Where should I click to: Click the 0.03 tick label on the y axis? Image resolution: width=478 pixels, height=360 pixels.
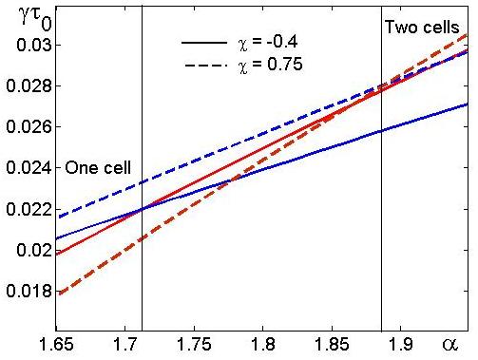pyautogui.click(x=34, y=45)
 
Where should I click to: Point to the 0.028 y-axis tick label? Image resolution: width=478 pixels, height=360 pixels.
pyautogui.click(x=29, y=85)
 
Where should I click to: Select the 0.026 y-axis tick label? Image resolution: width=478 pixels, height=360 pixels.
pyautogui.click(x=29, y=126)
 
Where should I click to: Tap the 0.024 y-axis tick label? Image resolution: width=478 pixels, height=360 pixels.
pyautogui.click(x=29, y=168)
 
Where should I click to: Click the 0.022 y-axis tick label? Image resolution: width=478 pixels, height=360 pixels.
pyautogui.click(x=29, y=209)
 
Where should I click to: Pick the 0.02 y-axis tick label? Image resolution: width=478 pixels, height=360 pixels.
pyautogui.click(x=34, y=250)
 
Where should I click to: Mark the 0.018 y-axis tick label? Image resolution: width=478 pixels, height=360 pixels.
pyautogui.click(x=29, y=291)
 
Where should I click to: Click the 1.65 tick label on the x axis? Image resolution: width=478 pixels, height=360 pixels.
pyautogui.click(x=56, y=344)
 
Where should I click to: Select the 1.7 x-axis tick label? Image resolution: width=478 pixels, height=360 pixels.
pyautogui.click(x=125, y=344)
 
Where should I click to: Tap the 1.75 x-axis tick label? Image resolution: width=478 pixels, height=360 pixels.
pyautogui.click(x=194, y=344)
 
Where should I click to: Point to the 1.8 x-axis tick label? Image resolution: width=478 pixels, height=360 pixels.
pyautogui.click(x=263, y=344)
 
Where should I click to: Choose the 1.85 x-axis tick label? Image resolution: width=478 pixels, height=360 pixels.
pyautogui.click(x=332, y=344)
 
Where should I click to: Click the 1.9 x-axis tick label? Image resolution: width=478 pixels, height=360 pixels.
pyautogui.click(x=401, y=344)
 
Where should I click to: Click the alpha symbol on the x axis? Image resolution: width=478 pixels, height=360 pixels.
pyautogui.click(x=450, y=345)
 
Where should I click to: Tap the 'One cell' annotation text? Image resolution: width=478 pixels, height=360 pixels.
pyautogui.click(x=98, y=167)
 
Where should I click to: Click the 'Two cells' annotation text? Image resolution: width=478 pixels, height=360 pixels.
pyautogui.click(x=422, y=28)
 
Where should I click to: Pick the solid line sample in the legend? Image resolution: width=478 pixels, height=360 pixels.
pyautogui.click(x=204, y=43)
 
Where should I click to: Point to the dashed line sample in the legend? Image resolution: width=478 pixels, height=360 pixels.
pyautogui.click(x=206, y=66)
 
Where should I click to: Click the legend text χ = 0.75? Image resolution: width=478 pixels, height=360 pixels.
pyautogui.click(x=270, y=65)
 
